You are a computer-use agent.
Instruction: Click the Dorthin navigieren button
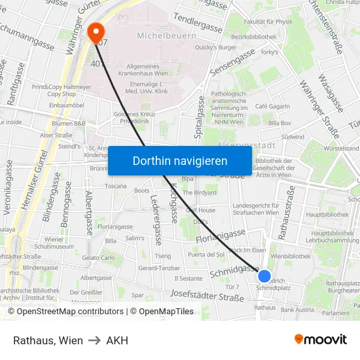tap(180, 160)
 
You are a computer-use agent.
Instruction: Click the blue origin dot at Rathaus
tap(264, 276)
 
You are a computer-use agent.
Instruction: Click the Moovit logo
tap(321, 340)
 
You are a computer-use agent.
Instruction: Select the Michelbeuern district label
tap(167, 35)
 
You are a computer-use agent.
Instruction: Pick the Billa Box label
tap(279, 123)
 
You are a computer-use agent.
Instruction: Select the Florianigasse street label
tap(221, 236)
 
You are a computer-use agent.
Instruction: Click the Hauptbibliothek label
tap(327, 214)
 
